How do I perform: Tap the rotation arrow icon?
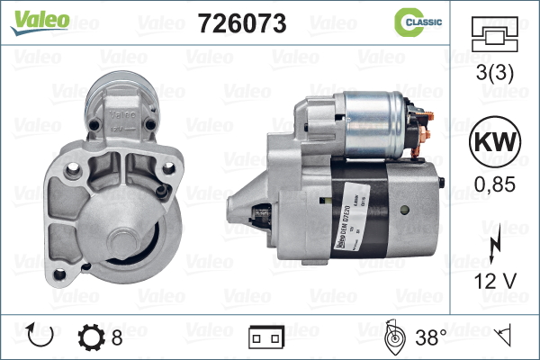click(x=42, y=337)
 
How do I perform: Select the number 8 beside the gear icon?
click(x=117, y=337)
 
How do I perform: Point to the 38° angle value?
click(x=430, y=337)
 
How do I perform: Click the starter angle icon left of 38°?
click(x=392, y=337)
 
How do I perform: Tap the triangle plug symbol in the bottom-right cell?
click(x=504, y=337)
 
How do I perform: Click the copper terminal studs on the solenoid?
click(x=426, y=123)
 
